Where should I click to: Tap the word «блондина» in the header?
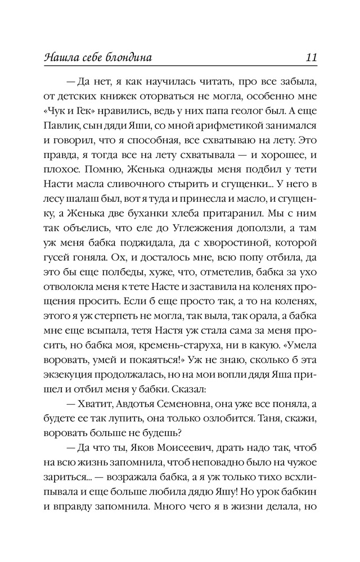(129, 58)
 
